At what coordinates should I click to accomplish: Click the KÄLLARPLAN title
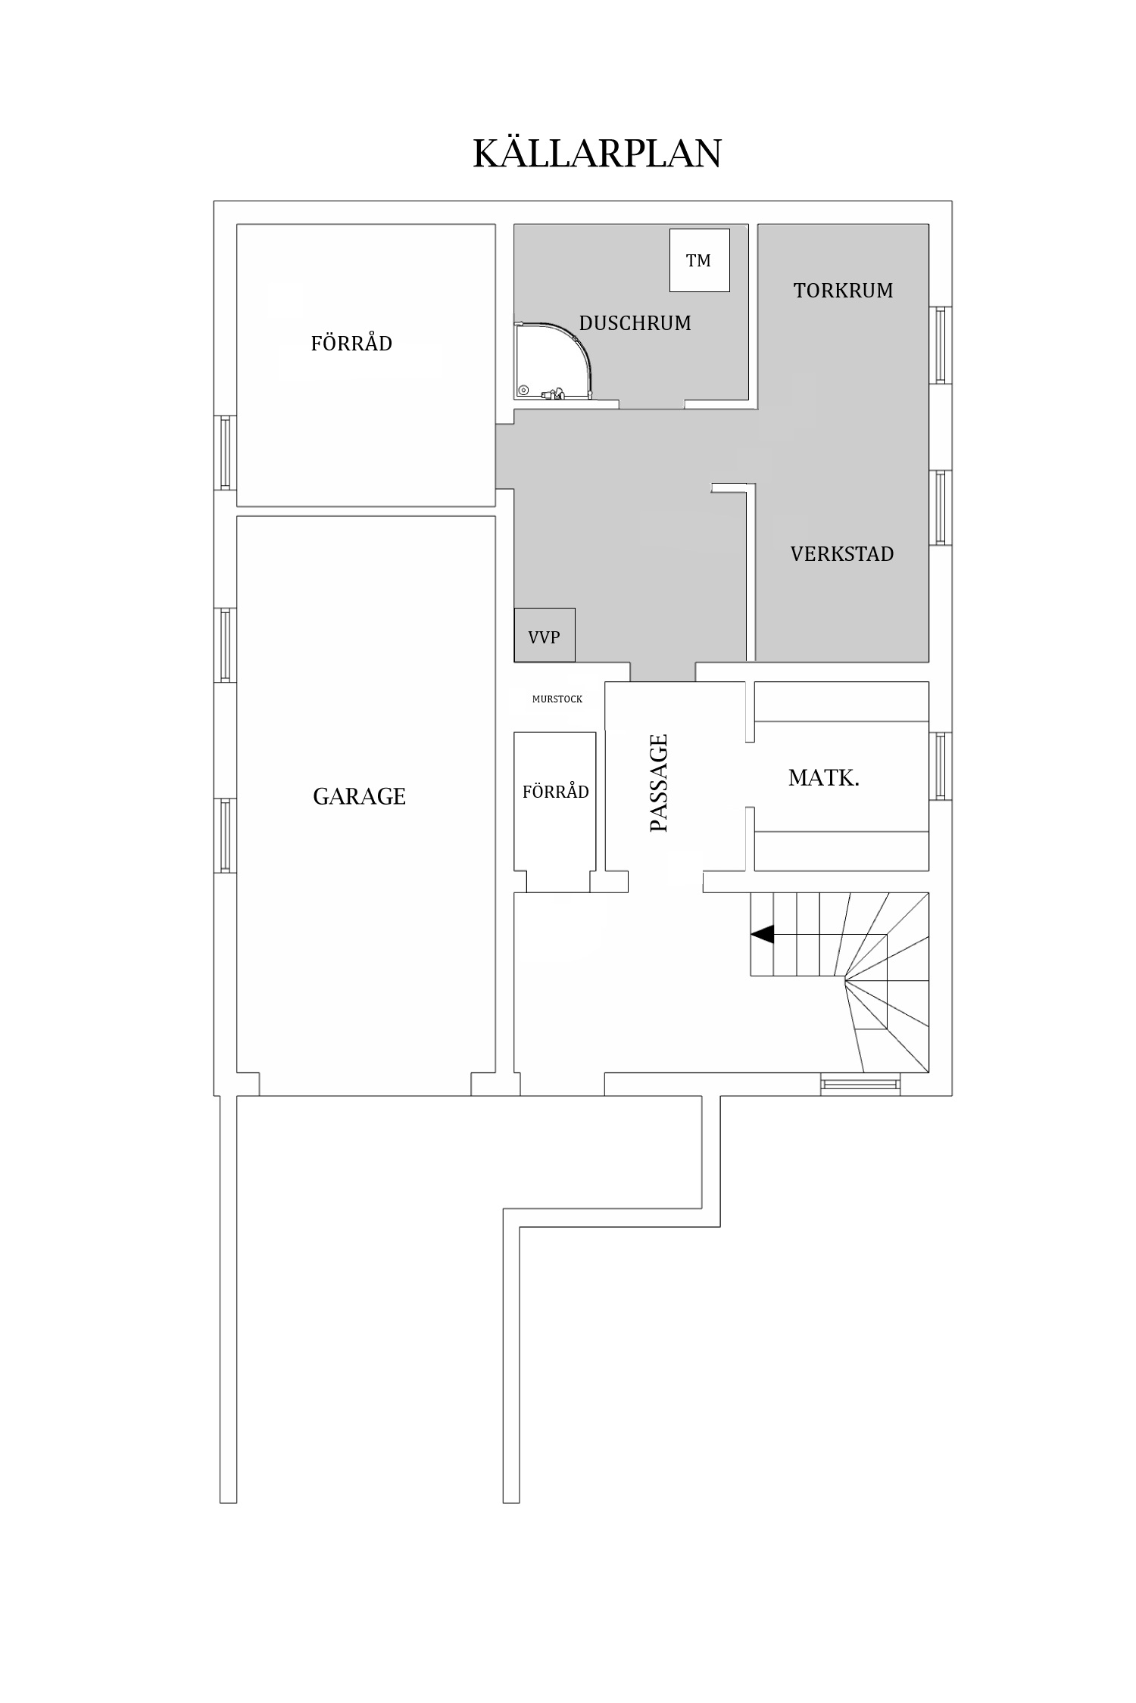pyautogui.click(x=597, y=154)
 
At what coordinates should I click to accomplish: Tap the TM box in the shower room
pyautogui.click(x=699, y=260)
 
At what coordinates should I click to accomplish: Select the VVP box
pyautogui.click(x=544, y=636)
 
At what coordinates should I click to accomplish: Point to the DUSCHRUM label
pyautogui.click(x=635, y=323)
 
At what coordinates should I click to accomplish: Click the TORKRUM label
pyautogui.click(x=843, y=291)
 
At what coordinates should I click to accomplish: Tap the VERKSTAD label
pyautogui.click(x=841, y=554)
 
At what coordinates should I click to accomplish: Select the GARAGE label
pyautogui.click(x=359, y=796)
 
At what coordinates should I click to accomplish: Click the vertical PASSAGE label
pyautogui.click(x=659, y=783)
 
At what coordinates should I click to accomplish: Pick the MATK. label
pyautogui.click(x=823, y=778)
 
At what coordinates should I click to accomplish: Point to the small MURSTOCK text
pyautogui.click(x=557, y=699)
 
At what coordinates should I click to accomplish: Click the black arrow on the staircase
pyautogui.click(x=762, y=935)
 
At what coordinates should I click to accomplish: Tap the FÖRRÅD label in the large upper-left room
pyautogui.click(x=351, y=344)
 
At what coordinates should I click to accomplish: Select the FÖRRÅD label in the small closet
pyautogui.click(x=555, y=792)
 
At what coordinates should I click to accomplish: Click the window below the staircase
pyautogui.click(x=861, y=1085)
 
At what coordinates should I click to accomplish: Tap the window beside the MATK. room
pyautogui.click(x=940, y=765)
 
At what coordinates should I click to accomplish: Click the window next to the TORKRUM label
pyautogui.click(x=940, y=345)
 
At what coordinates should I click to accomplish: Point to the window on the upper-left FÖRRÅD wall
pyautogui.click(x=225, y=453)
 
